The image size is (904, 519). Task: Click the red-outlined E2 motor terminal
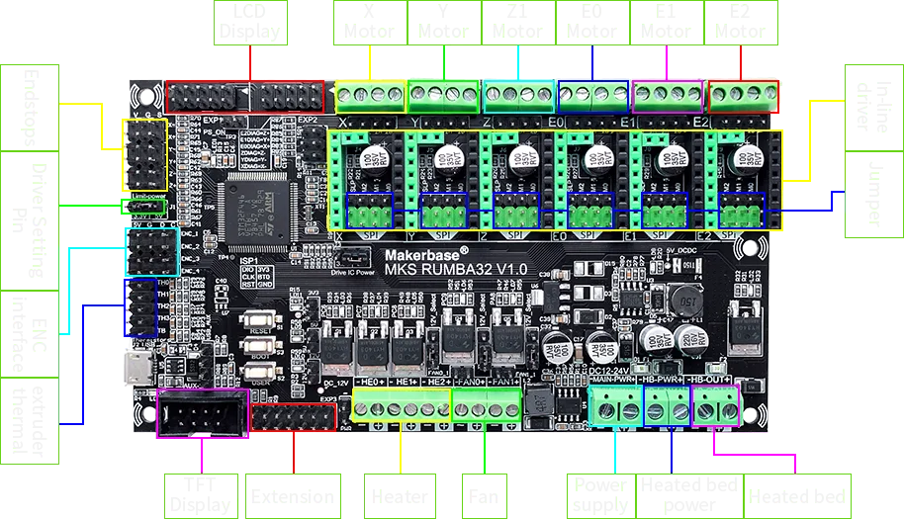coord(744,97)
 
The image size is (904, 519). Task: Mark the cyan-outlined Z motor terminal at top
coord(519,97)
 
